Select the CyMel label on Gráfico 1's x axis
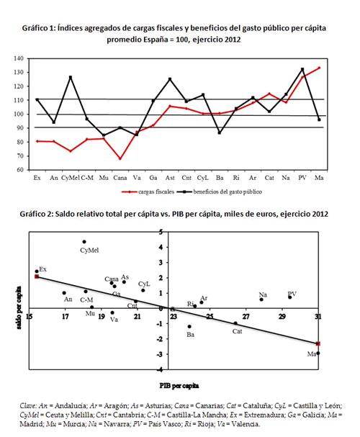pyautogui.click(x=71, y=178)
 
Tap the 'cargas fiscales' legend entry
pyautogui.click(x=156, y=192)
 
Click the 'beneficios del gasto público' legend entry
pyautogui.click(x=228, y=192)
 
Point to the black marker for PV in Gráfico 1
pyautogui.click(x=302, y=69)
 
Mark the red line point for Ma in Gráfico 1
pyautogui.click(x=319, y=68)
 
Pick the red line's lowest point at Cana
pyautogui.click(x=120, y=159)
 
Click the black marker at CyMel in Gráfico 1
pyautogui.click(x=71, y=77)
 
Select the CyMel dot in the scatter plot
pyautogui.click(x=84, y=242)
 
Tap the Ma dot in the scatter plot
pyautogui.click(x=318, y=353)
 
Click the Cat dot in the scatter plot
pyautogui.click(x=235, y=323)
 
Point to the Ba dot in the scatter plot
pyautogui.click(x=189, y=326)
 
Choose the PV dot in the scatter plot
pyautogui.click(x=289, y=297)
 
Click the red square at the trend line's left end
pyautogui.click(x=37, y=276)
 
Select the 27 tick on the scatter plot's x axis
pyautogui.click(x=246, y=317)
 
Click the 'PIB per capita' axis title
pyautogui.click(x=179, y=386)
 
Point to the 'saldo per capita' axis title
pyautogui.click(x=19, y=307)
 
